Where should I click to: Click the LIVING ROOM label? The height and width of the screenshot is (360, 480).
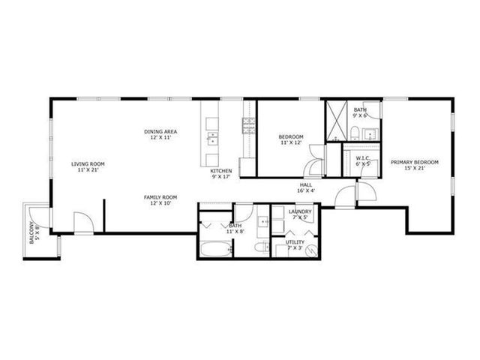pyautogui.click(x=88, y=163)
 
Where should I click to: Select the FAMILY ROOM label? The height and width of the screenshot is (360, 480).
pyautogui.click(x=160, y=197)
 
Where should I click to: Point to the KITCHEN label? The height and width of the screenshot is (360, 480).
pyautogui.click(x=220, y=171)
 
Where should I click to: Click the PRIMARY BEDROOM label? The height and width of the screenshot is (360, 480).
pyautogui.click(x=414, y=162)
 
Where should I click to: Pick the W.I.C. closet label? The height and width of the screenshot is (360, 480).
pyautogui.click(x=364, y=158)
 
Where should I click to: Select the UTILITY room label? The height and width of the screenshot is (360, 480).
pyautogui.click(x=295, y=242)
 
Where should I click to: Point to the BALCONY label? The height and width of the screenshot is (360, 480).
pyautogui.click(x=31, y=234)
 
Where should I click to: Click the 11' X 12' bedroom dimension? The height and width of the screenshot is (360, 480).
pyautogui.click(x=290, y=142)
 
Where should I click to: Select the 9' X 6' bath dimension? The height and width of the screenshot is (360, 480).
pyautogui.click(x=361, y=115)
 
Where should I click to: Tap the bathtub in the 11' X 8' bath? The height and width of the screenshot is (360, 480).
pyautogui.click(x=217, y=248)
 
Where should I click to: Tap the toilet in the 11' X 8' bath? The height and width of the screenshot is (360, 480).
pyautogui.click(x=257, y=247)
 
